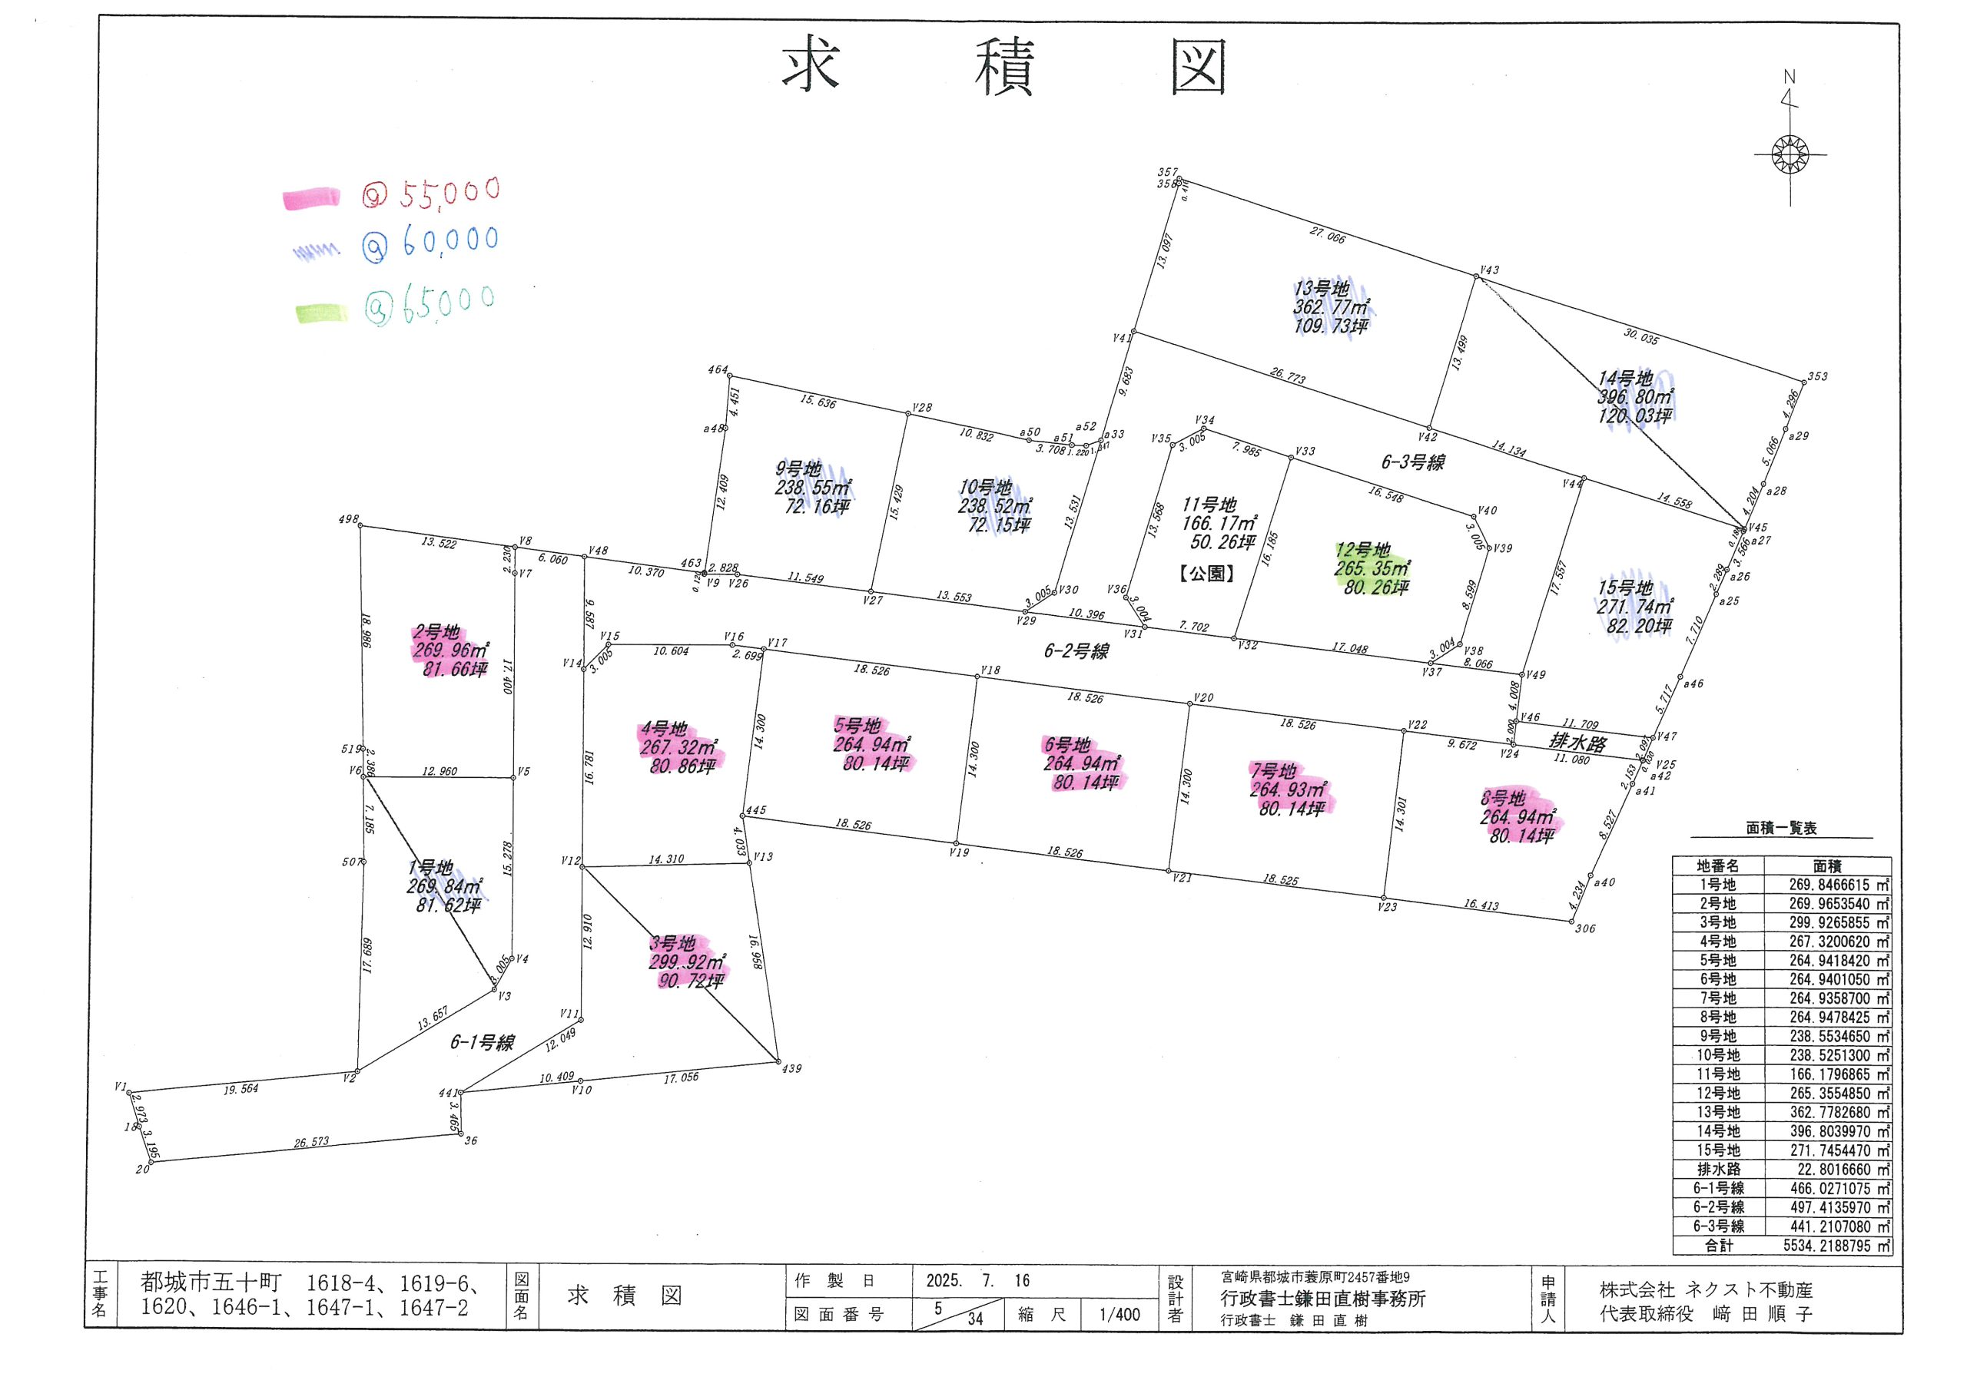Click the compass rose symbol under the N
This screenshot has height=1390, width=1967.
point(1790,155)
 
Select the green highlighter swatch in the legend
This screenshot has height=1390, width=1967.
point(321,314)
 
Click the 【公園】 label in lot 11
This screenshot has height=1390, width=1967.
point(1207,574)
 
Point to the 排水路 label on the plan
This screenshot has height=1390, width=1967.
point(1578,742)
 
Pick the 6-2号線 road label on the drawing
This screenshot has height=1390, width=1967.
point(1076,652)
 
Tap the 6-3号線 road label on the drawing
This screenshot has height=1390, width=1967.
point(1413,462)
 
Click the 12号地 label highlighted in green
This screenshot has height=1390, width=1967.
point(1362,550)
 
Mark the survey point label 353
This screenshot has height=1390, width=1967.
point(1818,377)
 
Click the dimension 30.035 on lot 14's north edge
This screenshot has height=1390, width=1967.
point(1640,337)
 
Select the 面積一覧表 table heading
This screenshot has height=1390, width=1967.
point(1782,828)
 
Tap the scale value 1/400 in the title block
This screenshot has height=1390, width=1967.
point(1119,1315)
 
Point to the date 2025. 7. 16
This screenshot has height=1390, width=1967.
point(977,1281)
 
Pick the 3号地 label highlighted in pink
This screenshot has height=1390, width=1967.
point(672,944)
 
